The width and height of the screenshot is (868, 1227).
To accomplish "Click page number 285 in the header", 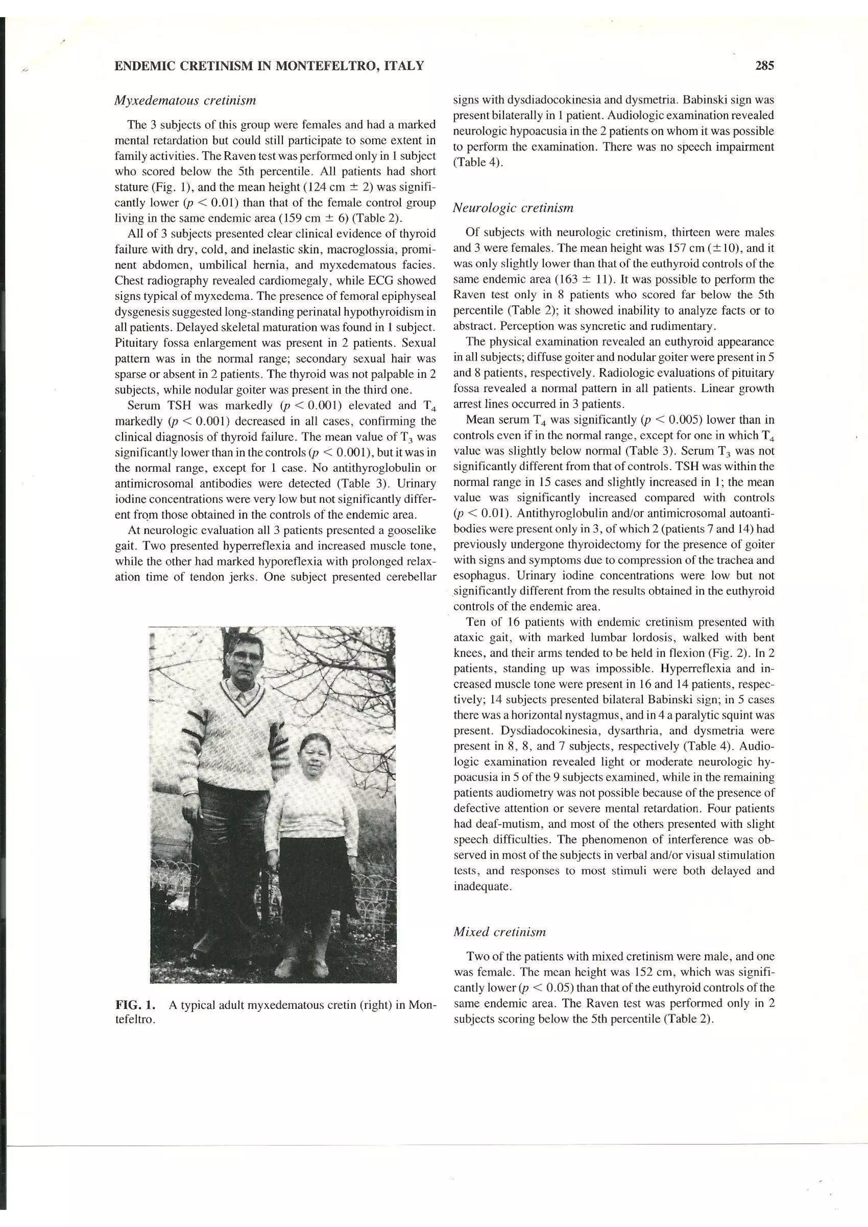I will point(765,66).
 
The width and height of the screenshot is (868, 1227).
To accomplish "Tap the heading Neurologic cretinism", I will point(513,208).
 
